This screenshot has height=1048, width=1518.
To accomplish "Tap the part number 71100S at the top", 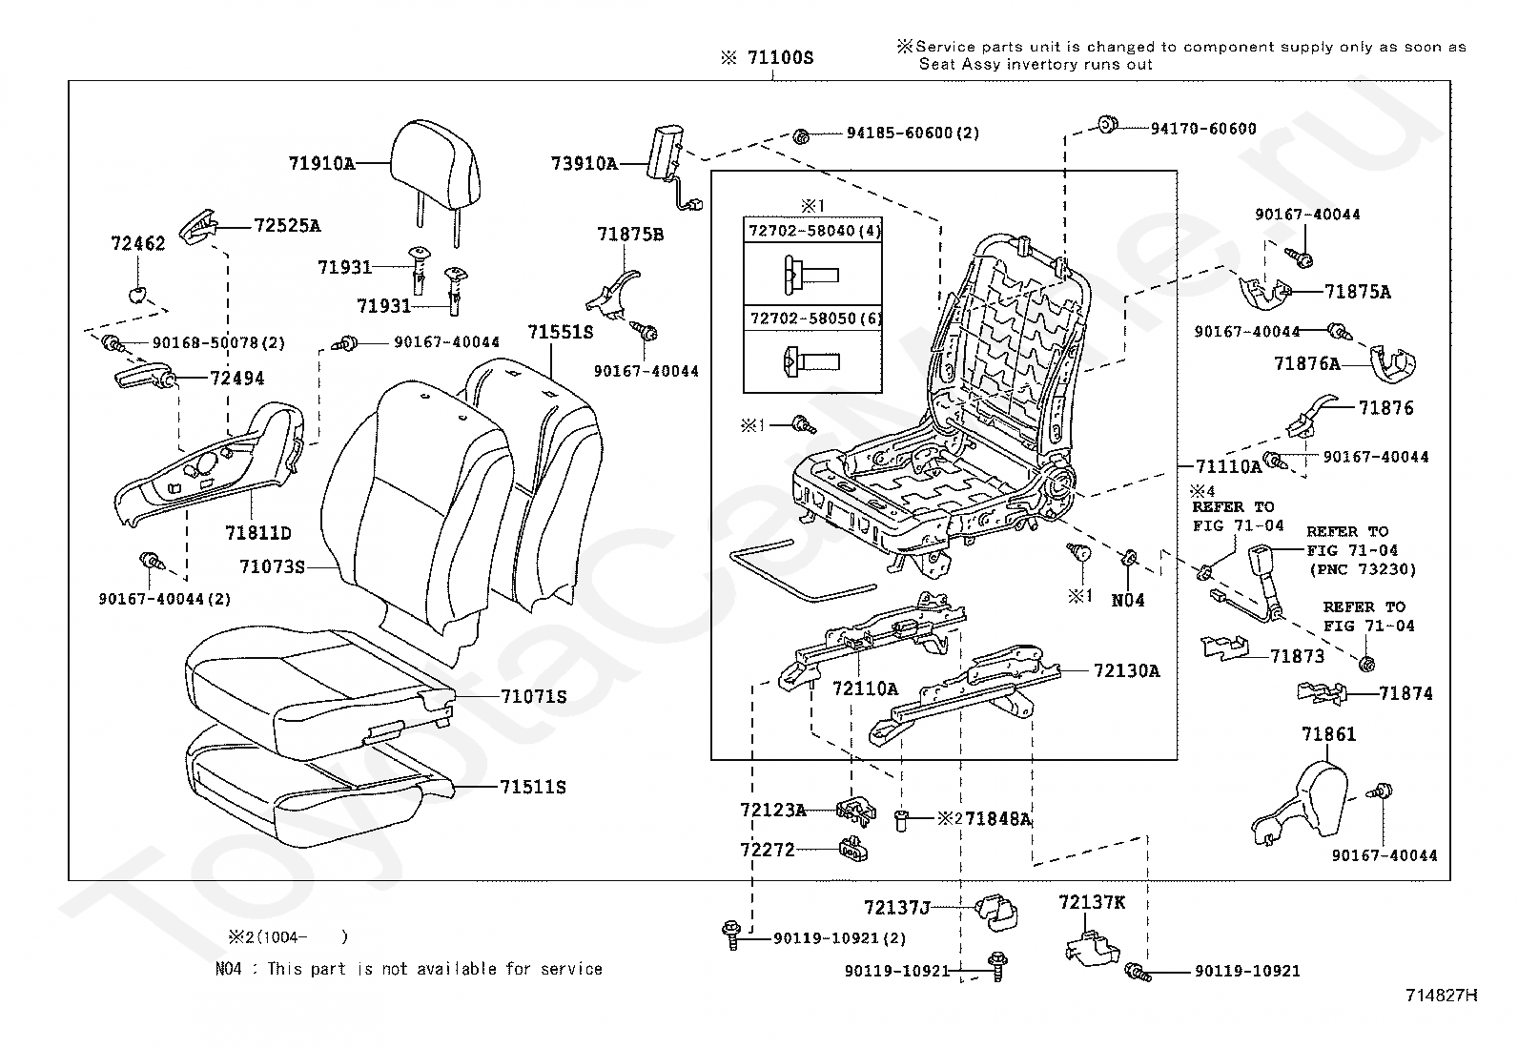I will pyautogui.click(x=779, y=57).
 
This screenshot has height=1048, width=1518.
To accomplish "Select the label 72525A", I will pyautogui.click(x=287, y=226).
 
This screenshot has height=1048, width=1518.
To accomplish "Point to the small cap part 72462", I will pyautogui.click(x=139, y=291).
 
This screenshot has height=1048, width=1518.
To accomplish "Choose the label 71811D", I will pyautogui.click(x=258, y=532).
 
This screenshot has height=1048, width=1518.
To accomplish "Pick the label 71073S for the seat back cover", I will pyautogui.click(x=272, y=567).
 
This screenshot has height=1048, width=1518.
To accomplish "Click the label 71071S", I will pyautogui.click(x=533, y=697).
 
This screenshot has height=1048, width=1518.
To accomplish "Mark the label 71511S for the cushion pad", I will pyautogui.click(x=533, y=788).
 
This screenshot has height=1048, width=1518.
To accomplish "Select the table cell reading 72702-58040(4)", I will pyautogui.click(x=813, y=231).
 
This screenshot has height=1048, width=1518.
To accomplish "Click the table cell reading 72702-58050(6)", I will pyautogui.click(x=813, y=318).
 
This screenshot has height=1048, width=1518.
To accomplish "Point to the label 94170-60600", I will pyautogui.click(x=1202, y=129).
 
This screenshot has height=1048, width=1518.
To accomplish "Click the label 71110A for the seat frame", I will pyautogui.click(x=1229, y=466).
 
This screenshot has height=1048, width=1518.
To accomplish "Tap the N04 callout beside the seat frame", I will pyautogui.click(x=1128, y=600).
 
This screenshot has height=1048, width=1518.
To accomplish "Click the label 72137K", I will pyautogui.click(x=1091, y=901).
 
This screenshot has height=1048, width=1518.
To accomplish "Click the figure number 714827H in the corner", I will pyautogui.click(x=1441, y=996).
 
